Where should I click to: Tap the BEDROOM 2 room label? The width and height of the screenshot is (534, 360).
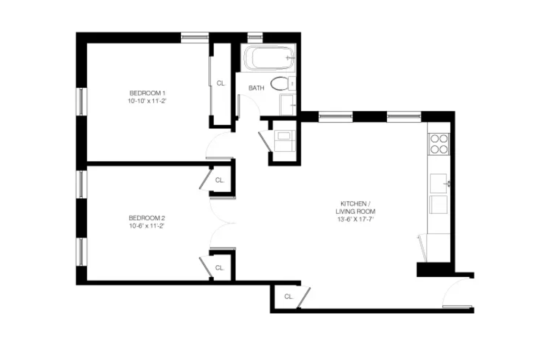(x=146, y=218)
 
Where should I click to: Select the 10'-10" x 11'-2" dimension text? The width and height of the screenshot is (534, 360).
(x=147, y=100)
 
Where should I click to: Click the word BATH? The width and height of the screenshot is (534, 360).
(x=256, y=88)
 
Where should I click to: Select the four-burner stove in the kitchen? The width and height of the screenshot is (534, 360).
(x=438, y=144)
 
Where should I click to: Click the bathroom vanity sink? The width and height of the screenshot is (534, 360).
(x=288, y=105)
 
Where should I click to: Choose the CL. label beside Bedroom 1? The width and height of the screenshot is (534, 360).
(x=221, y=83)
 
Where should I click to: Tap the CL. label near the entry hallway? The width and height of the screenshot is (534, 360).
(x=289, y=296)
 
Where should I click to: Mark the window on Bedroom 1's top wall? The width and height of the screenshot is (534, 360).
(x=195, y=37)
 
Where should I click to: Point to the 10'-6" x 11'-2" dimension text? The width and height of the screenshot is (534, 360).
(x=146, y=226)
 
